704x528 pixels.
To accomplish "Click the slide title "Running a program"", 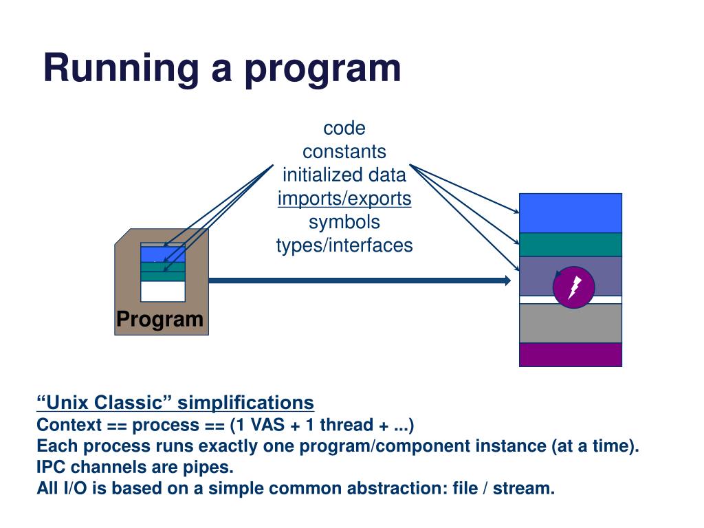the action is [x=222, y=68].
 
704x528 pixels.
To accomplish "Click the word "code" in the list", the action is [x=344, y=129].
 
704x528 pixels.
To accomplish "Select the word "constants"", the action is [x=344, y=152].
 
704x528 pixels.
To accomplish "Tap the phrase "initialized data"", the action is [x=344, y=175].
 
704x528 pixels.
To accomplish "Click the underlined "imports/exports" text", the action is [x=344, y=199].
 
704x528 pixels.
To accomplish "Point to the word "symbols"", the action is [x=344, y=222].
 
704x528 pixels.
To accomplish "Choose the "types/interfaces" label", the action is [x=344, y=245].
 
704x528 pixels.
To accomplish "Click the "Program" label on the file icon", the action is [x=159, y=320].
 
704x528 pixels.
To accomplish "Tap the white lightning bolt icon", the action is [x=574, y=288].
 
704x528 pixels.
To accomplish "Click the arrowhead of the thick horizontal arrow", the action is [x=507, y=280].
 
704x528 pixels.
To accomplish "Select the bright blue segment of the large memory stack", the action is [x=571, y=213].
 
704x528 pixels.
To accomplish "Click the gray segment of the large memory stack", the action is [x=571, y=323].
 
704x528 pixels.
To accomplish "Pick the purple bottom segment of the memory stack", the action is [x=571, y=355].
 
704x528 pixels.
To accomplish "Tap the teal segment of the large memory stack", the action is [x=571, y=245].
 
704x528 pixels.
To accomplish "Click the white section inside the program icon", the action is [x=163, y=291].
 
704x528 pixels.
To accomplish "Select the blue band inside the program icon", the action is [x=163, y=254].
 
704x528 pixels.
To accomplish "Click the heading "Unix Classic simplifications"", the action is [x=175, y=403].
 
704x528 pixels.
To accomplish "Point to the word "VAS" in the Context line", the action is [x=267, y=425].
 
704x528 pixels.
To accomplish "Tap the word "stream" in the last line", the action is [x=524, y=488].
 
